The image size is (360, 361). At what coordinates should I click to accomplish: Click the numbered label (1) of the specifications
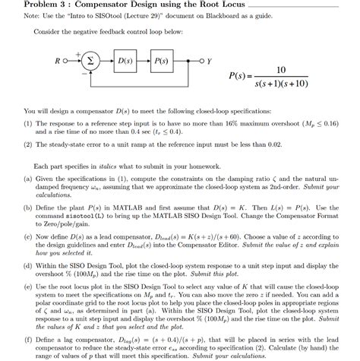pos(28,122)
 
